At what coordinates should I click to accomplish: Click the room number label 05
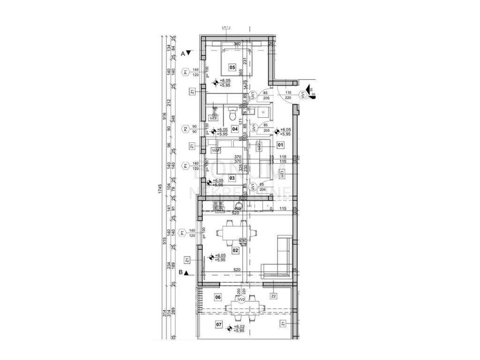[x=232, y=67]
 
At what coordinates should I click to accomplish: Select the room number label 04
[x=235, y=129]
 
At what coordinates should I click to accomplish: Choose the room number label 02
[x=235, y=250]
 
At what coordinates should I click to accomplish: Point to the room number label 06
[x=217, y=297]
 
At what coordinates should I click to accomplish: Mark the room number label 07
[x=218, y=324]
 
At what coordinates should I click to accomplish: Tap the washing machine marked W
[x=263, y=112]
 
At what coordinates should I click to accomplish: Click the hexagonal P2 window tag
[x=186, y=129]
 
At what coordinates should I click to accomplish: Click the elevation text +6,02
[x=240, y=327]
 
